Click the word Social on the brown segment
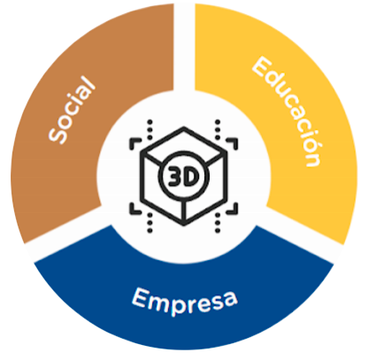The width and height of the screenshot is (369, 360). point(73,110)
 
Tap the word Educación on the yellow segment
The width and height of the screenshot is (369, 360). point(286,112)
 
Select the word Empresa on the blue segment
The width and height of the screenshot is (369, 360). point(184,302)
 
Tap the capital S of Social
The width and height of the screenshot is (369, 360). point(58,135)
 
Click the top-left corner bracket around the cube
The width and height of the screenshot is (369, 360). point(135,143)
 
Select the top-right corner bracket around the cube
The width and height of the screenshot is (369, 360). point(232,143)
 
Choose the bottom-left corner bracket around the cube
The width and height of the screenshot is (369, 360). point(135,209)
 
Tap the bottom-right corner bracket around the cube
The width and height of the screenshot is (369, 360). point(232,209)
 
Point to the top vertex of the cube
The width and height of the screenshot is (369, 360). point(184,128)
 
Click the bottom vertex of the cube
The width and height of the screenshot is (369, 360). point(184,224)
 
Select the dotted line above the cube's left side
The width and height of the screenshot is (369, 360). point(150,129)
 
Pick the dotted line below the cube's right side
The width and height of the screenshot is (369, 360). point(218,222)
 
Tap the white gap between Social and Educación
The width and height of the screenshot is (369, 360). point(184,47)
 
